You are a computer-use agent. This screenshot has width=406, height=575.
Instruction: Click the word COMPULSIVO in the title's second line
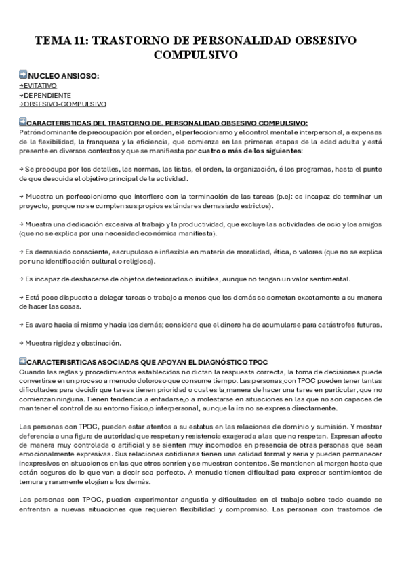point(203,54)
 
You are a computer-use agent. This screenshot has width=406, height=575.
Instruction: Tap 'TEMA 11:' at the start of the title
point(61,41)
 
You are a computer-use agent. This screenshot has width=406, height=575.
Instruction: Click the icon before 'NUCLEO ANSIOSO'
point(23,75)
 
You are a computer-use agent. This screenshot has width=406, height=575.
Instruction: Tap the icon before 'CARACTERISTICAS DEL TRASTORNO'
point(23,122)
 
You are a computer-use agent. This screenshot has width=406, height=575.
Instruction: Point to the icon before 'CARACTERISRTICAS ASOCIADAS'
point(23,362)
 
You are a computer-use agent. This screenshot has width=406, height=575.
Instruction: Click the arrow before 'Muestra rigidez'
point(21,343)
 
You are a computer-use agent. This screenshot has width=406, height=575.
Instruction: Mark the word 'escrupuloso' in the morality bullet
point(121,252)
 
